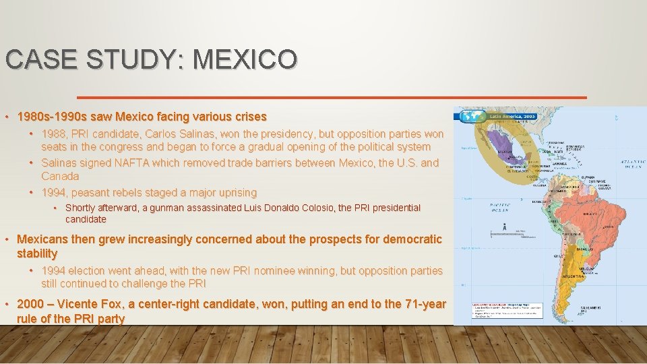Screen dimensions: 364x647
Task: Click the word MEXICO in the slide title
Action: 244,59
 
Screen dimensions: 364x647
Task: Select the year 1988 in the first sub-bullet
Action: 54,133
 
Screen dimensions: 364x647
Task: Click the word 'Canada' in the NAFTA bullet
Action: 60,176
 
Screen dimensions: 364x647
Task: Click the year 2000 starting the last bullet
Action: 30,304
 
